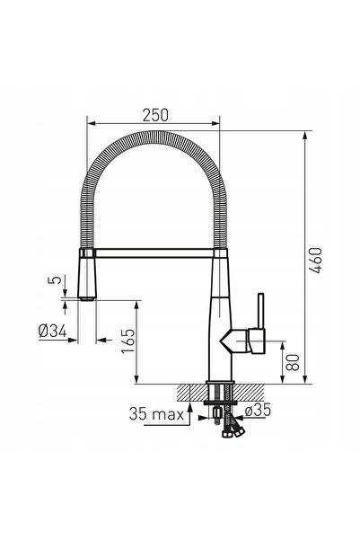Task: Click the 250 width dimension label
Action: pyautogui.click(x=155, y=115)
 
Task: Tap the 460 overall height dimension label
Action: pyautogui.click(x=315, y=261)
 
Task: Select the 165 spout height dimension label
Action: pyautogui.click(x=128, y=341)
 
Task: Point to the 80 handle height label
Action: pyautogui.click(x=293, y=362)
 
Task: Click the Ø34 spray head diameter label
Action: pyautogui.click(x=53, y=332)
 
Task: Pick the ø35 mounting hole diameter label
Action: pyautogui.click(x=258, y=410)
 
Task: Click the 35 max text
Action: pyautogui.click(x=156, y=413)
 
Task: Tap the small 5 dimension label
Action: pyautogui.click(x=55, y=279)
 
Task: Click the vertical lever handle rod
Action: pyautogui.click(x=261, y=311)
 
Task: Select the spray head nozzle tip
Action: pyautogui.click(x=86, y=298)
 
